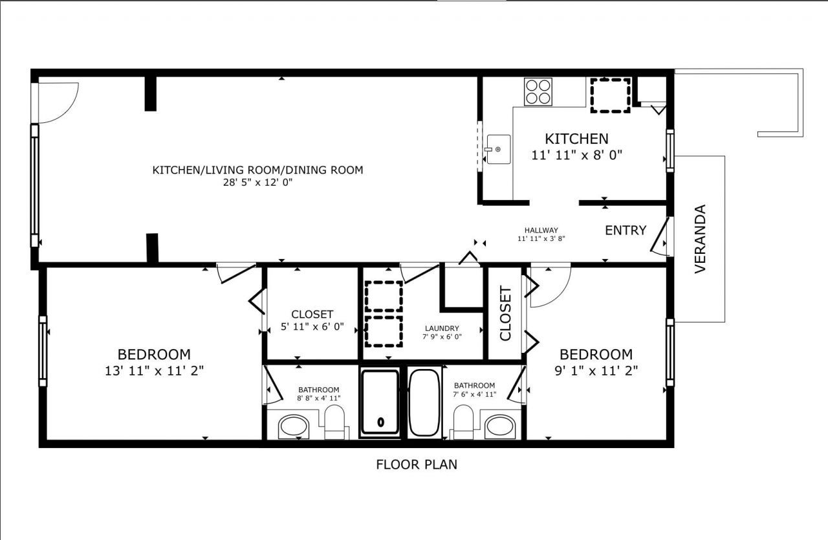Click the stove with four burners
tap(538, 91)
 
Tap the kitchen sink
tap(497, 150)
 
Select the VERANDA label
tap(700, 239)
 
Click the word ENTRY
tap(626, 231)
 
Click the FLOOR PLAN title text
tap(416, 464)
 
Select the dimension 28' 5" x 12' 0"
tap(257, 183)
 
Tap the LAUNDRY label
tap(442, 328)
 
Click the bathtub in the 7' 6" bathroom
tap(424, 402)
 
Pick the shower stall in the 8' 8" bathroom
tap(380, 401)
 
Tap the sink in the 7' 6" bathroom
tap(499, 427)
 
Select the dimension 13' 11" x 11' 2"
tap(154, 370)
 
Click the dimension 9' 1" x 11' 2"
tap(596, 370)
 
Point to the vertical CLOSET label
tap(506, 313)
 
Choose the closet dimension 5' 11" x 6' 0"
tap(312, 327)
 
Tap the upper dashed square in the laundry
tap(384, 297)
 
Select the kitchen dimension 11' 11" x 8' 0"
tap(576, 155)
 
